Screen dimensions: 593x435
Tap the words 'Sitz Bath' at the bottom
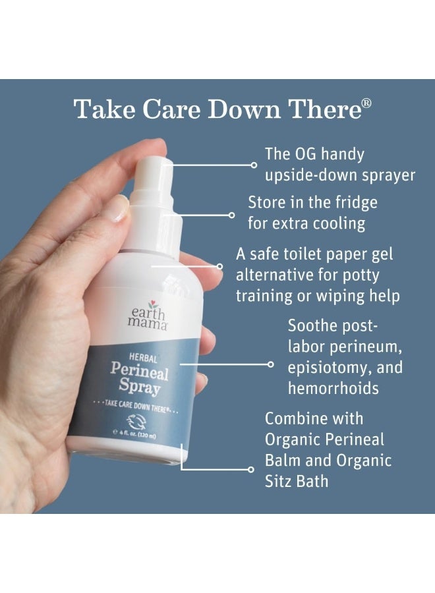(x=297, y=481)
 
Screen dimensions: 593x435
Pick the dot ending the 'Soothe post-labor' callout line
(x=271, y=363)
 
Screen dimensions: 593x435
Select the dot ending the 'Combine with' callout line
(x=250, y=470)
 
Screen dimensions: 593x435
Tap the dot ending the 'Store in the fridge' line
(x=231, y=214)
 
